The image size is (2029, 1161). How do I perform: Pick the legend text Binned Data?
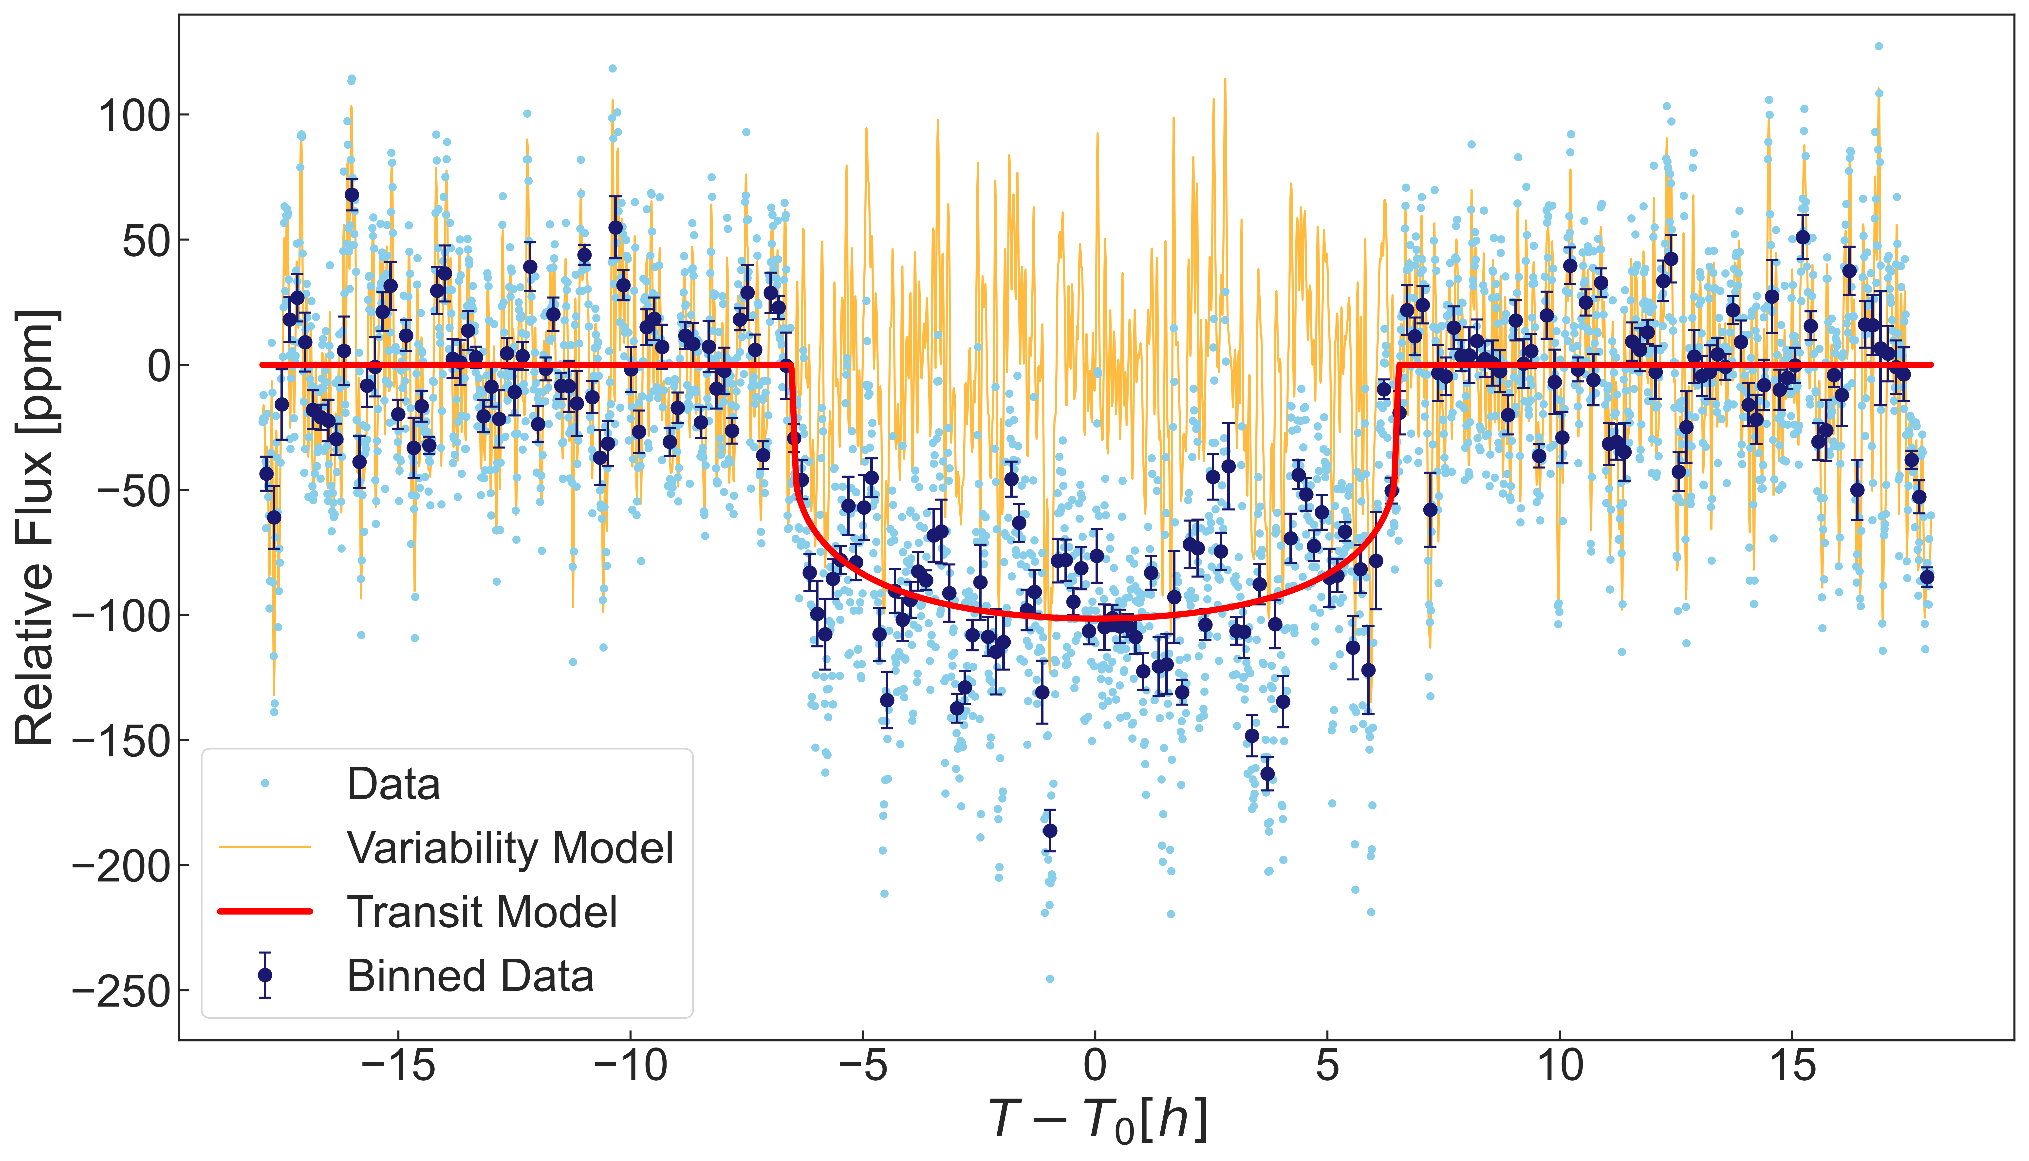pos(470,976)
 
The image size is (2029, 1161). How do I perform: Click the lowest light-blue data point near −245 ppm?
pos(1050,978)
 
